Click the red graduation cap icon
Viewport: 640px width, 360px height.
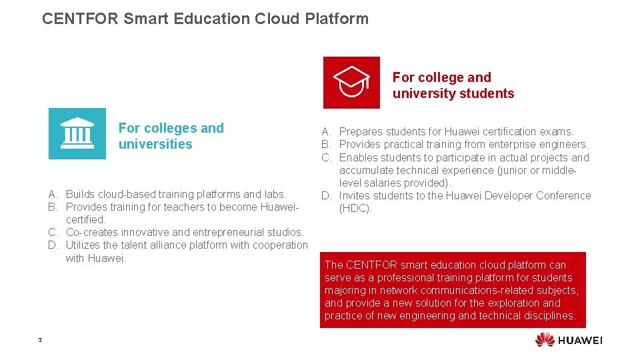click(351, 82)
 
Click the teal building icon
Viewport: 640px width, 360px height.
click(77, 133)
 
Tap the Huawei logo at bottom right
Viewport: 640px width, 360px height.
click(569, 340)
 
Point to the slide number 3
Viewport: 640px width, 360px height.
click(40, 341)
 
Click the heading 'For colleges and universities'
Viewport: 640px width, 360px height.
click(171, 136)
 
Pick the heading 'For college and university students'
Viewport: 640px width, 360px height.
click(453, 85)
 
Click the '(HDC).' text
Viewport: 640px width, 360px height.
click(356, 208)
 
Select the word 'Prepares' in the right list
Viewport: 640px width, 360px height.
click(361, 131)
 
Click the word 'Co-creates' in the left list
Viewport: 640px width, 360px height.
click(91, 232)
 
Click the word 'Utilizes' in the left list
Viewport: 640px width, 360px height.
click(85, 245)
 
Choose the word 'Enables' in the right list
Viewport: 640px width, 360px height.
click(358, 157)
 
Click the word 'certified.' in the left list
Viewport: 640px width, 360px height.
click(86, 219)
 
